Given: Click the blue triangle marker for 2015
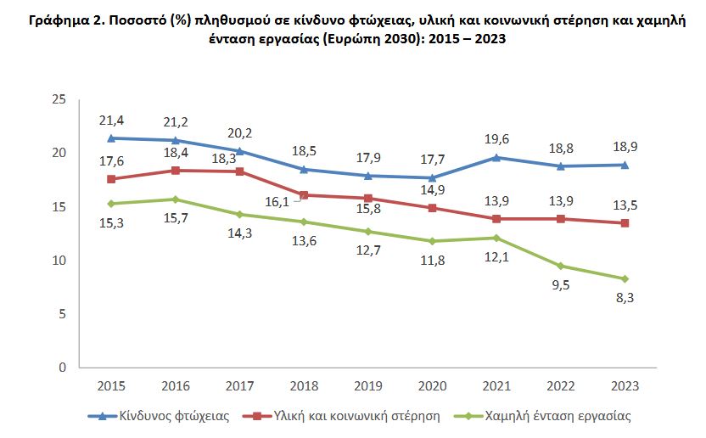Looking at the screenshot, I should tap(111, 138).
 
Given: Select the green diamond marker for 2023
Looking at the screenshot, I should tap(625, 278).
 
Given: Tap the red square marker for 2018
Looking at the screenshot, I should tap(304, 194).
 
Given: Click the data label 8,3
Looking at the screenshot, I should tap(624, 297).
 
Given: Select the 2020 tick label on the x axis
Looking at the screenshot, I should tap(432, 385).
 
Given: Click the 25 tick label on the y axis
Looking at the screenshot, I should tap(59, 99).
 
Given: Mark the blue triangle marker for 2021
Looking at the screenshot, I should tap(496, 157).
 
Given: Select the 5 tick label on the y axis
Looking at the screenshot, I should tap(62, 314).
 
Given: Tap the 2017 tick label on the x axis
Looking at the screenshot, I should tap(239, 385).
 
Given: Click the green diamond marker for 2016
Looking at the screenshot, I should tap(176, 199).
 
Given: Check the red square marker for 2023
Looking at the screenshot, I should tap(625, 222).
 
